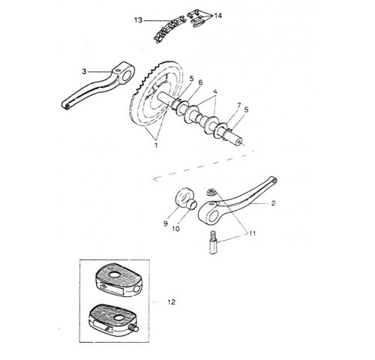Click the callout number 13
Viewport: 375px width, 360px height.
[138, 20]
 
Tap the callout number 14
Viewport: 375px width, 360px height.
[218, 16]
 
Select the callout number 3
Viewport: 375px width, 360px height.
[84, 71]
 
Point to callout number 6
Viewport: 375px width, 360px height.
[200, 82]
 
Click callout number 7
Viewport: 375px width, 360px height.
[238, 106]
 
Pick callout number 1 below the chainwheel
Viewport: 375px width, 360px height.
[156, 145]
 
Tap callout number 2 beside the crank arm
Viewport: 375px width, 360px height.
[273, 203]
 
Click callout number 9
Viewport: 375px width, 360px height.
[165, 223]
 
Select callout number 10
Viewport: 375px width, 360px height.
[176, 229]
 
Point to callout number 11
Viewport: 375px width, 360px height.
[252, 233]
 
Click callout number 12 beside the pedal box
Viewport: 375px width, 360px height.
[172, 302]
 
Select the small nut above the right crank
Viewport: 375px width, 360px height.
[211, 193]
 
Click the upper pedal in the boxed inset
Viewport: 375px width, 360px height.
[118, 280]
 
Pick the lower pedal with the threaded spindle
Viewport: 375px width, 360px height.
[114, 320]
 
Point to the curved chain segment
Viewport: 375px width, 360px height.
[169, 29]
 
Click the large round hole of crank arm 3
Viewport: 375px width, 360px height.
[127, 76]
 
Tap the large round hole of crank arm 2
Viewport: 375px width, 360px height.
[212, 216]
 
